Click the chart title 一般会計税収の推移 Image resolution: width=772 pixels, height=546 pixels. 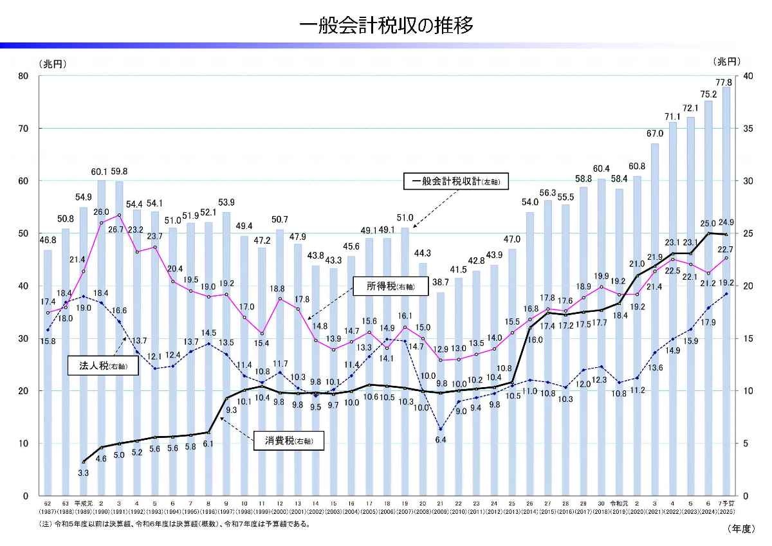[x=386, y=25]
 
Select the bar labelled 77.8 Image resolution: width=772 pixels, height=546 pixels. [x=726, y=289]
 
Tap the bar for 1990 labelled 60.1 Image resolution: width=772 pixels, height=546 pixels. [x=101, y=334]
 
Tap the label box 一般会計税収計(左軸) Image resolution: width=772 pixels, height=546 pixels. [x=455, y=182]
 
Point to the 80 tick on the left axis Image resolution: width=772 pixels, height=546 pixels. [x=24, y=76]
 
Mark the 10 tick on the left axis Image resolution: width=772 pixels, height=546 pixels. [x=24, y=443]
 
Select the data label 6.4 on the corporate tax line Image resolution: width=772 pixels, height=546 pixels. [x=441, y=440]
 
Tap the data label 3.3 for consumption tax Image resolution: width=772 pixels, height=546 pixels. [x=84, y=473]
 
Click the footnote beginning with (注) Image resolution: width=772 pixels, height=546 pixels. [x=174, y=523]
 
